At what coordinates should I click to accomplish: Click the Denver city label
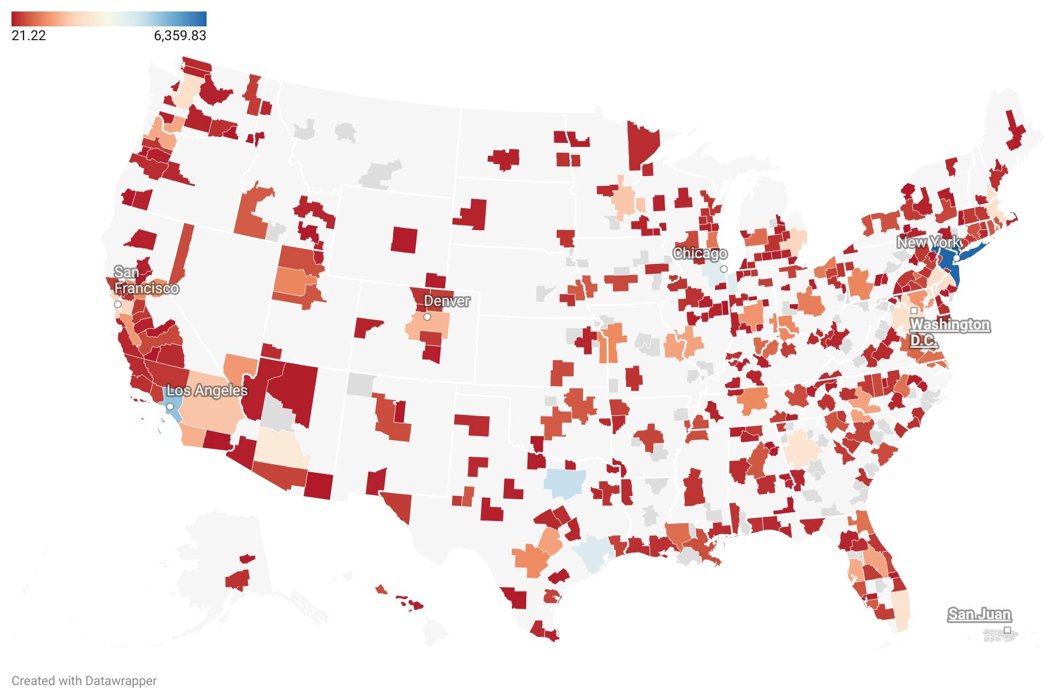tap(447, 301)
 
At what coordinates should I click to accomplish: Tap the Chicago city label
tap(700, 253)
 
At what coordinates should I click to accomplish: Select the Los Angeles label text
tap(207, 391)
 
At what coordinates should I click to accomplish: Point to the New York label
tap(928, 242)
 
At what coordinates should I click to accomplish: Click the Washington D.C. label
tap(949, 332)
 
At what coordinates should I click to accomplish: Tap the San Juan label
tap(979, 615)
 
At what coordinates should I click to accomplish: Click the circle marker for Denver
tap(427, 317)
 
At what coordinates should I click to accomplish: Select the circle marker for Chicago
tap(724, 269)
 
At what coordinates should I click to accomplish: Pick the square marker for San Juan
tap(1007, 630)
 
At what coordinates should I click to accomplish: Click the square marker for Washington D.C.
tap(914, 310)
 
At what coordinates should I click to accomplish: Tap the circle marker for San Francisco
tap(118, 304)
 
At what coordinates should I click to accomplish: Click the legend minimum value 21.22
tap(29, 36)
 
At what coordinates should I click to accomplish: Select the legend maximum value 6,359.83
tap(180, 36)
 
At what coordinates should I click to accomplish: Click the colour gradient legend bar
tap(108, 18)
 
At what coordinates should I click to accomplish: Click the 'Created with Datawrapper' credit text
tap(84, 681)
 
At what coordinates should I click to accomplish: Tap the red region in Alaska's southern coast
tap(238, 580)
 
